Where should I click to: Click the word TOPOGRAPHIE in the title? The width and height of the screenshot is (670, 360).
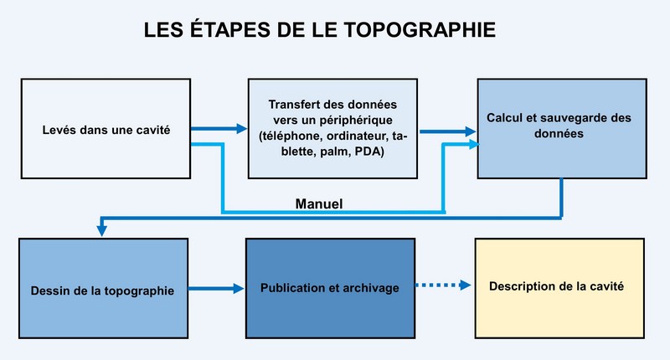pos(420,30)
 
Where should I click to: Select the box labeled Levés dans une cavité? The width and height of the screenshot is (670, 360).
pos(106,129)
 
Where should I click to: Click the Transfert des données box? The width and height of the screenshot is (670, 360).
pos(332,129)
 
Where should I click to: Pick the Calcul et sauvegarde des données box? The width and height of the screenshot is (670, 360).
pos(562,129)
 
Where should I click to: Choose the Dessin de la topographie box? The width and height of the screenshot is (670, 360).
pos(103,288)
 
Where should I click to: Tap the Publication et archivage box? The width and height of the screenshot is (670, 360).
pos(330,288)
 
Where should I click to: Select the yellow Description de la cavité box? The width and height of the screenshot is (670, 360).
pos(559,288)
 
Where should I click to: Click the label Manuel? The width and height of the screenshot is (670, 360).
pos(319,203)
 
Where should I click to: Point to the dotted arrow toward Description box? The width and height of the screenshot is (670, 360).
pos(443,285)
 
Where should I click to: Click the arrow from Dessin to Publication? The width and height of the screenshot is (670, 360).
pos(216,289)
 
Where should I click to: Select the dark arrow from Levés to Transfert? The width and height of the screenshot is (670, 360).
pos(219,128)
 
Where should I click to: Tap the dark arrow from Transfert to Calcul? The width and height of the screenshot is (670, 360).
pos(448,131)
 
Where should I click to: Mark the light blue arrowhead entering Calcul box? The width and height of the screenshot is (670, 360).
pos(474,144)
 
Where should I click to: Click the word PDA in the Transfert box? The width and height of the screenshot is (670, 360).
pos(368,152)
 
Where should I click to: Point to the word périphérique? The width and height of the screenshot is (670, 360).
pos(358,121)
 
